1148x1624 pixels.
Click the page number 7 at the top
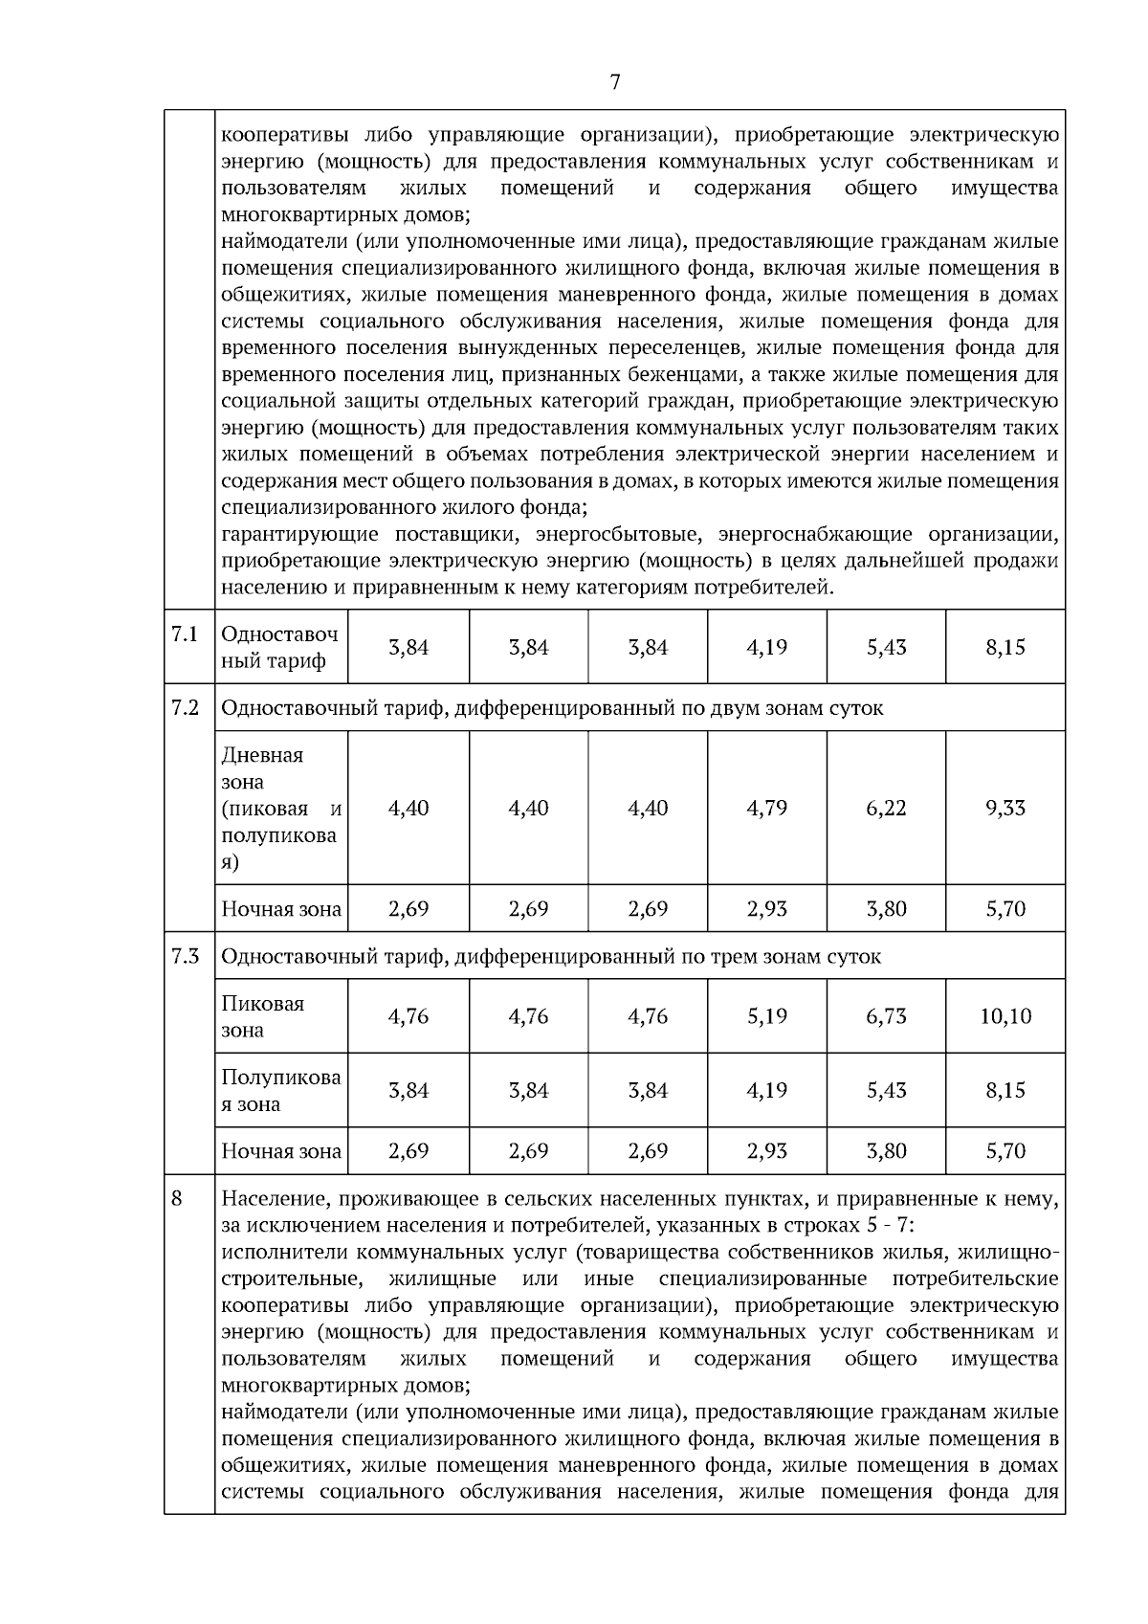pyautogui.click(x=614, y=83)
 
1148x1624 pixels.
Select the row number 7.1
pyautogui.click(x=185, y=634)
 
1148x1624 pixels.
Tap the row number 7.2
pyautogui.click(x=185, y=707)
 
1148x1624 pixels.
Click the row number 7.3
pyautogui.click(x=185, y=955)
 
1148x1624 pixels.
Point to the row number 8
pyautogui.click(x=177, y=1197)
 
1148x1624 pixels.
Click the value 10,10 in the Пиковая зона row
pyautogui.click(x=1005, y=1016)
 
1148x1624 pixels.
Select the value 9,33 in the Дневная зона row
pyautogui.click(x=1005, y=808)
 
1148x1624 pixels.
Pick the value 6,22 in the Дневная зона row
pyautogui.click(x=886, y=808)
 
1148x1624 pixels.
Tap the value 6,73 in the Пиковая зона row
pyautogui.click(x=886, y=1016)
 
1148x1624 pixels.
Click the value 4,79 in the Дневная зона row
pyautogui.click(x=766, y=808)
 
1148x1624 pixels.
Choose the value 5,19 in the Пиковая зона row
pyautogui.click(x=766, y=1016)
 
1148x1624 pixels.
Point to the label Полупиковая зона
pyautogui.click(x=280, y=1090)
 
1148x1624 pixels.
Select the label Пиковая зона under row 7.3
pyautogui.click(x=263, y=1016)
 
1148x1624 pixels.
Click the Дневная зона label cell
pyautogui.click(x=280, y=808)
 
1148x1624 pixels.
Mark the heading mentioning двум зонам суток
pyautogui.click(x=552, y=708)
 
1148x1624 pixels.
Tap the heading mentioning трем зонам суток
pyautogui.click(x=551, y=956)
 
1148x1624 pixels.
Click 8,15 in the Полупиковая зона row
pyautogui.click(x=1005, y=1090)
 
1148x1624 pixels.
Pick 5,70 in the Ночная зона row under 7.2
pyautogui.click(x=1005, y=908)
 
